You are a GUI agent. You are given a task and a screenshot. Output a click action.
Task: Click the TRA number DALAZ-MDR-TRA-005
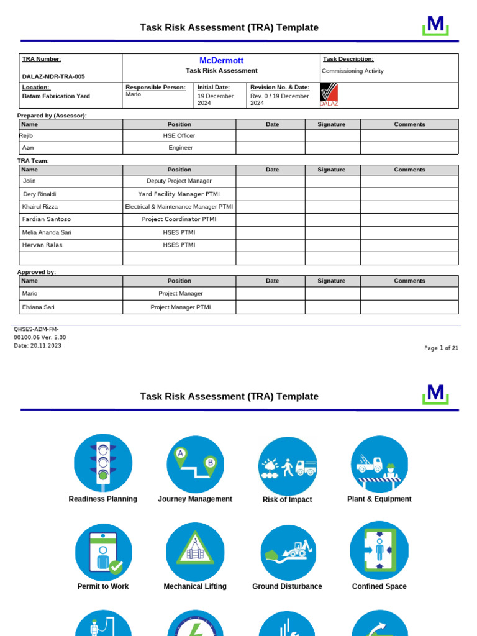(53, 76)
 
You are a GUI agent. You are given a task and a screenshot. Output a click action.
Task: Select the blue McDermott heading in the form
(221, 60)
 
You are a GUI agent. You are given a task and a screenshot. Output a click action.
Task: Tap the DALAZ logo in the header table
(329, 95)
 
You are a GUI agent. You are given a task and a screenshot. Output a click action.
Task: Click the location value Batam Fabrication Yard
(56, 96)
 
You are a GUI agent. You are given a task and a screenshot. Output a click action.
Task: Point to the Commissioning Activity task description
(352, 71)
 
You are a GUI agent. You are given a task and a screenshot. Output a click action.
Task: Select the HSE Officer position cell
(179, 135)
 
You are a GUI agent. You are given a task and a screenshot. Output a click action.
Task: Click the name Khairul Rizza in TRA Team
(40, 206)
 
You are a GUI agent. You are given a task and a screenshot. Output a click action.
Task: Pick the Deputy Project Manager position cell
(179, 181)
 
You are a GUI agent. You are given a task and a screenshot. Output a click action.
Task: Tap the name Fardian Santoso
(47, 219)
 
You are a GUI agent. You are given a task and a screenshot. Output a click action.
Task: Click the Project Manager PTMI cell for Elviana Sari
(180, 307)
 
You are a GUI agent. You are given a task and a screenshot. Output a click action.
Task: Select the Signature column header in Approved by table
(331, 281)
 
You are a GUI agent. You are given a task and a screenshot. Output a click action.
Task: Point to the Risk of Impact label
(287, 499)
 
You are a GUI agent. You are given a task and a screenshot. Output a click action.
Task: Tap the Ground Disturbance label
(287, 586)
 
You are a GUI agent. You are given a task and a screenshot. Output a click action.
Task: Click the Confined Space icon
(379, 551)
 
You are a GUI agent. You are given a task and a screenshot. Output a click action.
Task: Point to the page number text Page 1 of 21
(441, 348)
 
